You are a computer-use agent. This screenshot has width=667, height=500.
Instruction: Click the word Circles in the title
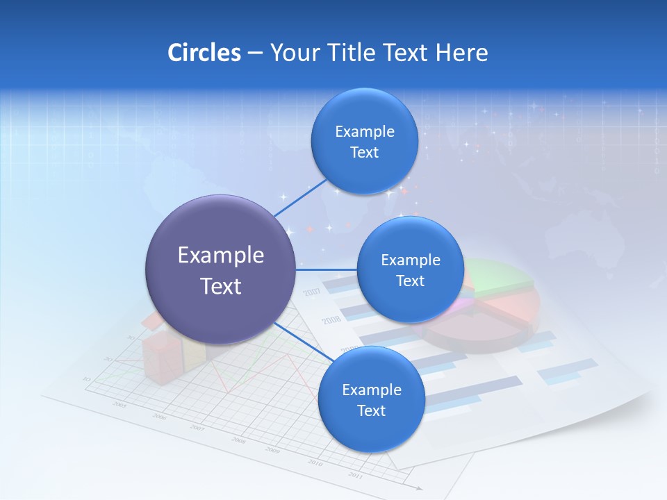pyautogui.click(x=204, y=53)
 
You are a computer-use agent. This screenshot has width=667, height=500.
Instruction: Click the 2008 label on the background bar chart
pyautogui.click(x=331, y=320)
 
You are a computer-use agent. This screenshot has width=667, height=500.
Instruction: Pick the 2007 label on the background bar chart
pyautogui.click(x=312, y=292)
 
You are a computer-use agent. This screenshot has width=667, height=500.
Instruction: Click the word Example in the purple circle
pyautogui.click(x=220, y=256)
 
